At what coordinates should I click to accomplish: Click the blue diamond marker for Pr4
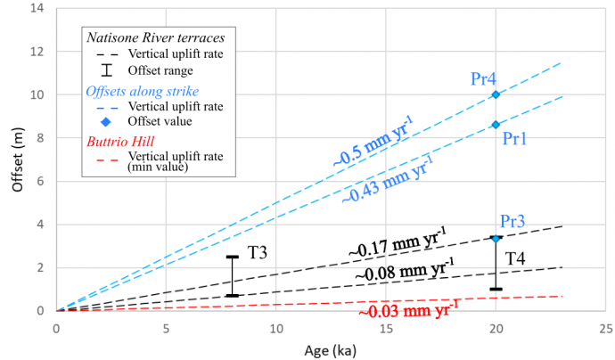(496, 94)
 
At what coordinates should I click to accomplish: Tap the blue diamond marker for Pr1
(496, 124)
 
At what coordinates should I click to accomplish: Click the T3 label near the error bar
(258, 252)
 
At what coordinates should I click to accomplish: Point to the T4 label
(516, 258)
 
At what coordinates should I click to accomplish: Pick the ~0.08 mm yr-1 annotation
(404, 270)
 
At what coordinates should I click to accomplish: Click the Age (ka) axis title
(329, 350)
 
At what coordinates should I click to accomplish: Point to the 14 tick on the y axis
(37, 8)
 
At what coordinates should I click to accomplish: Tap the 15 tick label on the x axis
(386, 329)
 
